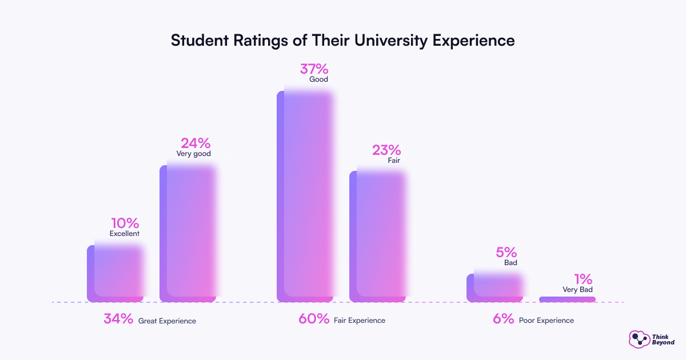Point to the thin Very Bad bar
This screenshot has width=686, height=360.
coord(567,299)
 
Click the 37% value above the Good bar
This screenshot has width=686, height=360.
coord(314,69)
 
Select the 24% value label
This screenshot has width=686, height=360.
coord(196,143)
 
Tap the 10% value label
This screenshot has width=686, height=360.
coord(125,223)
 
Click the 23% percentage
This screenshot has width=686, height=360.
coord(386,150)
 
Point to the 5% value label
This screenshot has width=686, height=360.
coord(506,252)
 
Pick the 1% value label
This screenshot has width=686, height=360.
coord(583,279)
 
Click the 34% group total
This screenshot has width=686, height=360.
coord(118,319)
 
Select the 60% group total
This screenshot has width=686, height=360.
coord(314,319)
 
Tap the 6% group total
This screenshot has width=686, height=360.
coord(504,319)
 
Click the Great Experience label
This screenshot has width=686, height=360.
coord(167,321)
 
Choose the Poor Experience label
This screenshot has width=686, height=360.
coord(546,321)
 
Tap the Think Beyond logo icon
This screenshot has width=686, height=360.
coord(637,339)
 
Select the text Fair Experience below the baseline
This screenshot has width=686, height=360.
coord(360,321)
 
